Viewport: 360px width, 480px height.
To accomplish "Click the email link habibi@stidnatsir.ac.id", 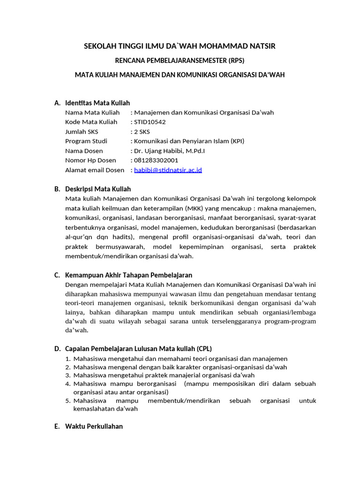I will [168, 170].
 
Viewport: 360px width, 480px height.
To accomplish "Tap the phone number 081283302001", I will [156, 160].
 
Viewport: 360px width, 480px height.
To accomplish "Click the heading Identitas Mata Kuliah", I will [97, 103].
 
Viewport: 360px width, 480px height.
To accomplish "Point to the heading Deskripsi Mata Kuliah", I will [98, 189].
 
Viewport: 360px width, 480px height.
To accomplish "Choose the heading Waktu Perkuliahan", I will [94, 426].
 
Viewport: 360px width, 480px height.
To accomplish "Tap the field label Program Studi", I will [86, 141].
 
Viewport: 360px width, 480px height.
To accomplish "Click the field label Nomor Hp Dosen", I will [90, 160].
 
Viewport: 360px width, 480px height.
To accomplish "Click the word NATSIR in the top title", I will [262, 46].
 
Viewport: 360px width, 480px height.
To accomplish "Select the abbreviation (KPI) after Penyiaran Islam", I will [236, 141].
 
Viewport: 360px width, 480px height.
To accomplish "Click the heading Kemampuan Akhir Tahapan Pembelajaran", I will [129, 275].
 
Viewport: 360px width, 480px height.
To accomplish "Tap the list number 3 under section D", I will [67, 375].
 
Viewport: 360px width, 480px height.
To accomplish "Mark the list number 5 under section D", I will [67, 401].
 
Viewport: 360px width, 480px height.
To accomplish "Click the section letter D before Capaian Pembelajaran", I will [57, 349].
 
